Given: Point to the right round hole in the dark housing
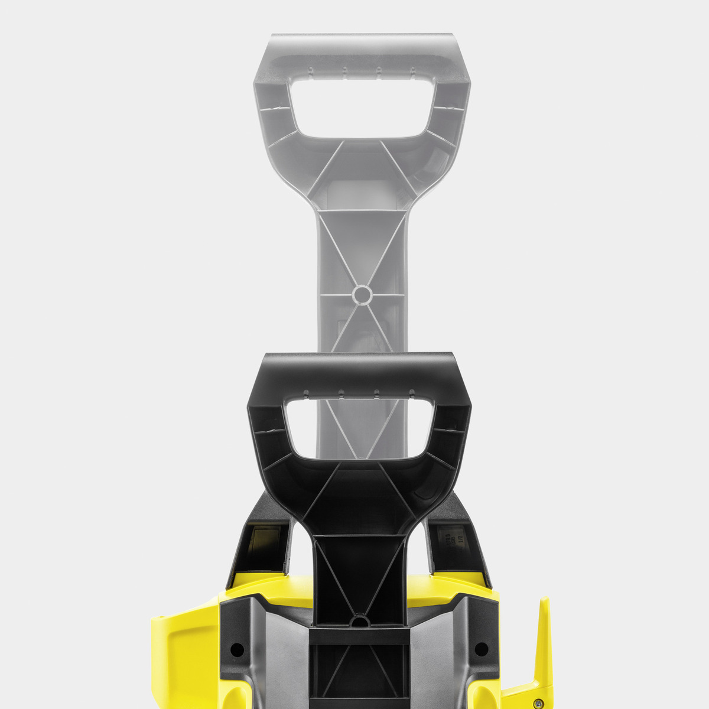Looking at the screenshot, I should (482, 649).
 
